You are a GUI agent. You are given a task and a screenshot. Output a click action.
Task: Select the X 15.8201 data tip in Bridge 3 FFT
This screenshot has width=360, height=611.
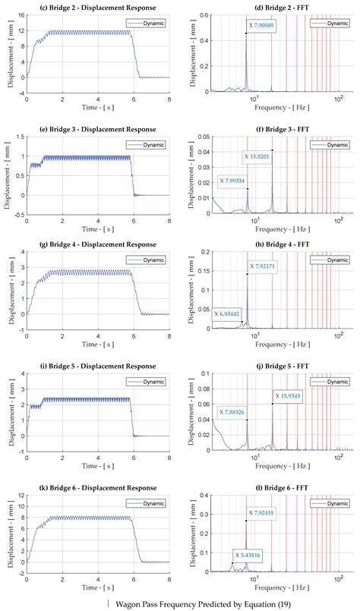pyautogui.click(x=261, y=157)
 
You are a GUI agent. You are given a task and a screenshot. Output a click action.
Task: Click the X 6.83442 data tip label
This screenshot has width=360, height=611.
pyautogui.click(x=232, y=313)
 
